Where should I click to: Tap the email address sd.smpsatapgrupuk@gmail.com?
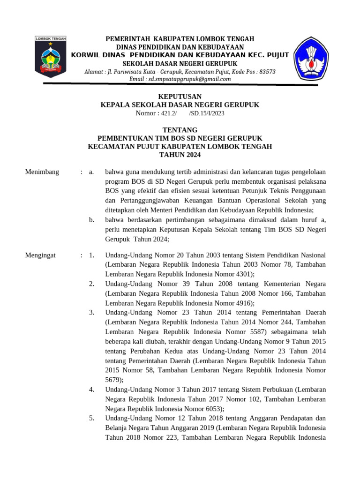point(180,79)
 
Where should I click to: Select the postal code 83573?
point(267,72)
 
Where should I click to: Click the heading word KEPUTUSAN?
point(180,97)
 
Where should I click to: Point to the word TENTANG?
point(180,130)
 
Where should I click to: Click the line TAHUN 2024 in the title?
point(180,155)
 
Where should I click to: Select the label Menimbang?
point(42,172)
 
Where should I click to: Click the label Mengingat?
point(40,255)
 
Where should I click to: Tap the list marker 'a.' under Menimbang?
point(91,172)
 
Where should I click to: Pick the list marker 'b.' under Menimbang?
point(91,219)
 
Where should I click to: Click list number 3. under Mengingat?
point(92,312)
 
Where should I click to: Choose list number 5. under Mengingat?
point(92,418)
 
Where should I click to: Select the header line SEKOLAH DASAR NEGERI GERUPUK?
point(180,64)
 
